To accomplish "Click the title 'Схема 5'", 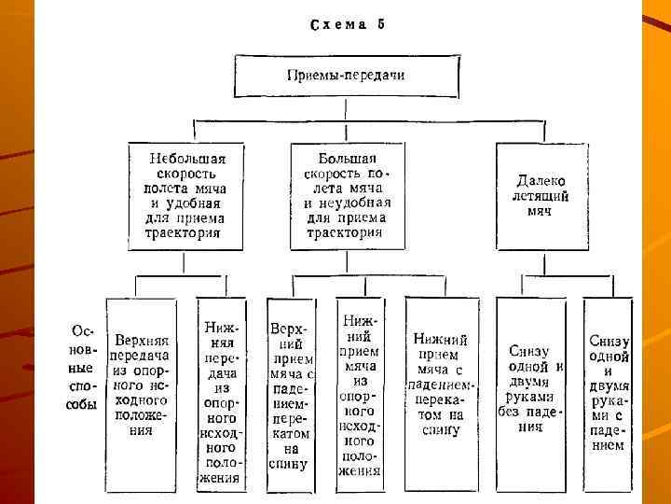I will pos(346,25).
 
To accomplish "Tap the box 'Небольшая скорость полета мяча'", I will pos(187,196).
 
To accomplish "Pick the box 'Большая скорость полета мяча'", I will pos(347,196).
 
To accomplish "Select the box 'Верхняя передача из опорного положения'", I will pos(141,384).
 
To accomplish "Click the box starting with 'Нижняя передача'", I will pos(220,392).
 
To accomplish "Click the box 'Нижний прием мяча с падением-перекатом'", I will pos(441,384).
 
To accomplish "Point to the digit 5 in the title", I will pos(380,25).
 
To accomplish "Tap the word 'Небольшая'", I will pos(187,159).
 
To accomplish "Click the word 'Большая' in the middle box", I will pos(347,159).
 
